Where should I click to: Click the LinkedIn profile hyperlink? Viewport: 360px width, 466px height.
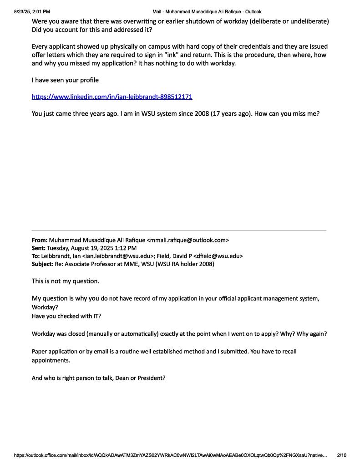pos(112,97)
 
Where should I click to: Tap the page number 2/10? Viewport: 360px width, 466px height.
pos(341,455)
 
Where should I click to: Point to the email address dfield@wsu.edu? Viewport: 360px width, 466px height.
pos(217,256)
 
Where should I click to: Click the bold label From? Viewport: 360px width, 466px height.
pos(39,240)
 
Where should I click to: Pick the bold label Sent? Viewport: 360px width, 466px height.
pos(38,248)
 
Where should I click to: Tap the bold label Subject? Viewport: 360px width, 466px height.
pos(42,264)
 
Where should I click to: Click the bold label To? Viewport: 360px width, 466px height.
pos(35,256)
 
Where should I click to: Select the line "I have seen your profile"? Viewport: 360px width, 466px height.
pos(65,80)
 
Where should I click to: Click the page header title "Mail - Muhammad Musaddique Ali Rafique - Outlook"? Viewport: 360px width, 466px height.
pos(207,11)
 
